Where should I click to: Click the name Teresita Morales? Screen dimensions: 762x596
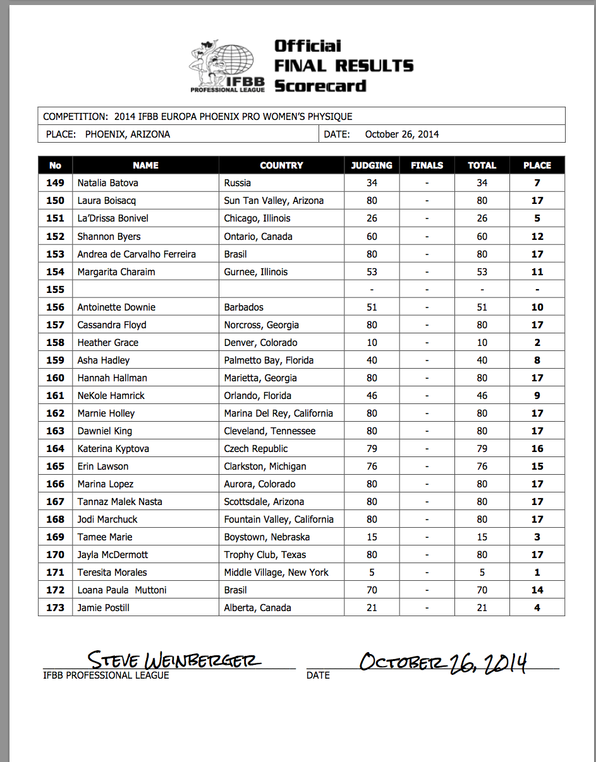[x=112, y=573]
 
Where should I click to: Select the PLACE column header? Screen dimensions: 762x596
[x=537, y=165]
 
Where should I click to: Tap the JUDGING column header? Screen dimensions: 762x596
[x=372, y=165]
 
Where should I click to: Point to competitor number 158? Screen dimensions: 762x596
[x=56, y=343]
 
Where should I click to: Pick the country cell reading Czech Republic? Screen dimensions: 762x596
[x=256, y=449]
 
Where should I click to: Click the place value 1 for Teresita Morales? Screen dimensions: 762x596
[x=537, y=573]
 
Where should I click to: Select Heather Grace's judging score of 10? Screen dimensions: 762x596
[x=372, y=343]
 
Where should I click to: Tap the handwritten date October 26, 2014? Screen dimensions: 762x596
[x=442, y=662]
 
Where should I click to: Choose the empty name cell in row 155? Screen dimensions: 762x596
[x=145, y=290]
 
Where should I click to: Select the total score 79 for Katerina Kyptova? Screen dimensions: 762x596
[x=482, y=449]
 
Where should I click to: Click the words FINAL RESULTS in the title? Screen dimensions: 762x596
[x=344, y=66]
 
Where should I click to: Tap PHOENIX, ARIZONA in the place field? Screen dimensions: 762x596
[x=127, y=134]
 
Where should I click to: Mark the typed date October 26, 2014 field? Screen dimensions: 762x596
[x=402, y=134]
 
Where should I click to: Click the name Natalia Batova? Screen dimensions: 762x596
[x=107, y=183]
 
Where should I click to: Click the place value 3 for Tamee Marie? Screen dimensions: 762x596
[x=537, y=537]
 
